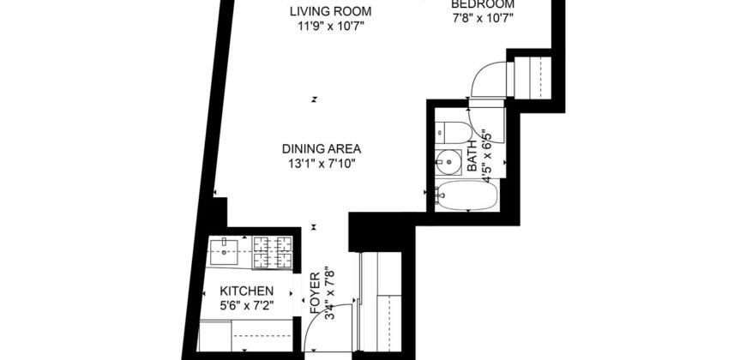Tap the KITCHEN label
(x=247, y=291)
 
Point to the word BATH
(x=472, y=161)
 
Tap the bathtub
(x=466, y=196)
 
